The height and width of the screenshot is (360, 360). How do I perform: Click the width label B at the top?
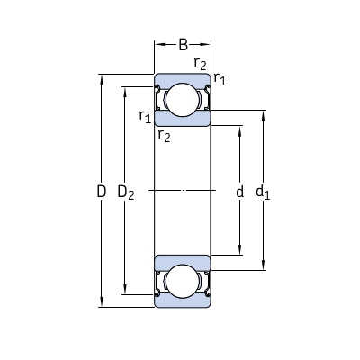pos(184,44)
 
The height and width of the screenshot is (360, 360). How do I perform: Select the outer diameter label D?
pos(101,191)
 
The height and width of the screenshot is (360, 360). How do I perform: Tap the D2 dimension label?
pos(128,192)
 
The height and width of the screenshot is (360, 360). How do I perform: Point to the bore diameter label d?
pos(238,192)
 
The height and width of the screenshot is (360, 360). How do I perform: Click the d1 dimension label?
pos(263,192)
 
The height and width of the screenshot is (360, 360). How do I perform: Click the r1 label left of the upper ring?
pos(144,115)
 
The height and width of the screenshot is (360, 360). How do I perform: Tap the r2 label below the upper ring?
pos(163,136)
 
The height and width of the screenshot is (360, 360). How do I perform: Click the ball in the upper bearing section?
pos(184,99)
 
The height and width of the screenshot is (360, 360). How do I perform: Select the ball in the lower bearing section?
pos(184,282)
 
